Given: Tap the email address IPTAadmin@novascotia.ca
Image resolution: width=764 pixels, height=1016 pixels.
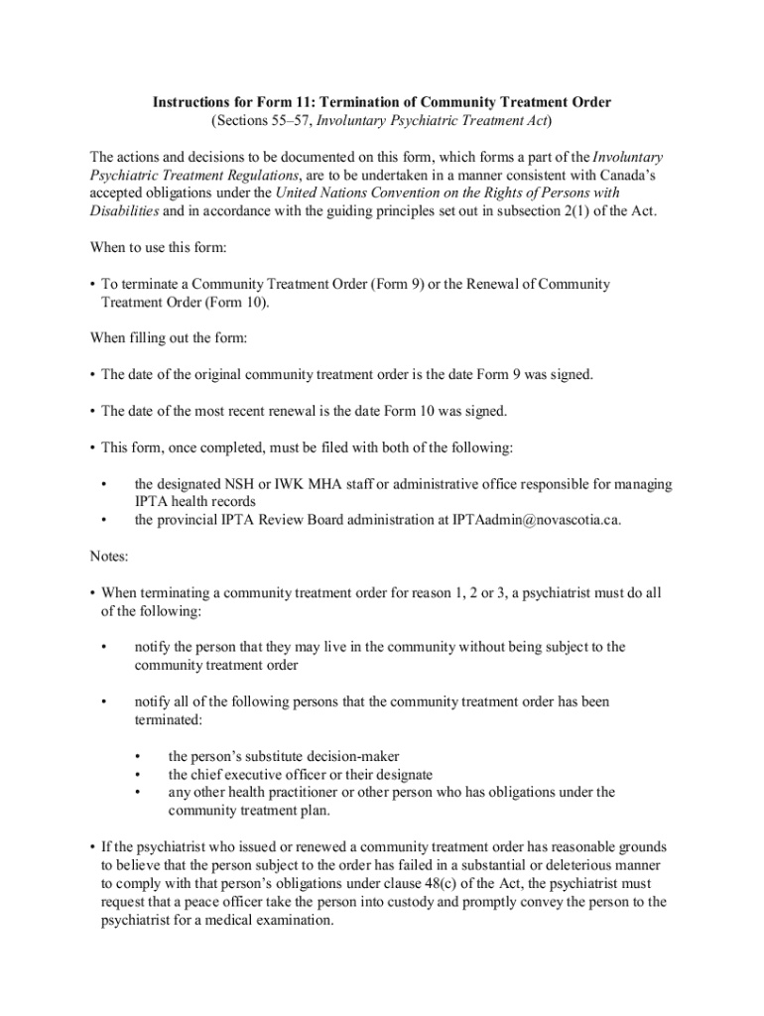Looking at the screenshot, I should (536, 520).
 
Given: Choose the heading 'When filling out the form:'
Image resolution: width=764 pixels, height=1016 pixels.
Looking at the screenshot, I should (168, 338).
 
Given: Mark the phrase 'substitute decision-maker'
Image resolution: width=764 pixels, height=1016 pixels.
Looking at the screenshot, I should (315, 756).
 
